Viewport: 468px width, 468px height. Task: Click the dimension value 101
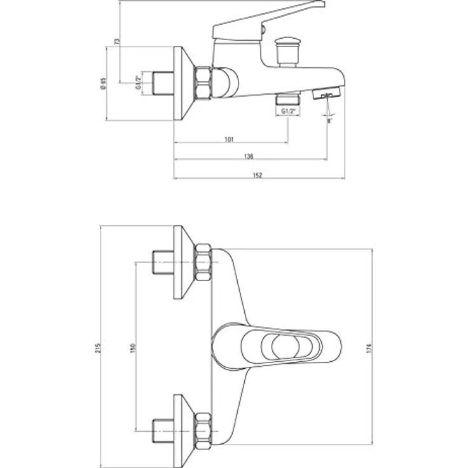[230, 139]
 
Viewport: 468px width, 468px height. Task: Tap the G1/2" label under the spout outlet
[289, 111]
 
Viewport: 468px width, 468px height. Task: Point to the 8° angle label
[329, 120]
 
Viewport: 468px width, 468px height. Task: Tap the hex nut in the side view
[203, 83]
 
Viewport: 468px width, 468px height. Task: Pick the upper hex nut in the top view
[205, 261]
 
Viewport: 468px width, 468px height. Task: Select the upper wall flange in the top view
[182, 261]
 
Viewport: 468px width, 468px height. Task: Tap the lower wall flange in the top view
[182, 425]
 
